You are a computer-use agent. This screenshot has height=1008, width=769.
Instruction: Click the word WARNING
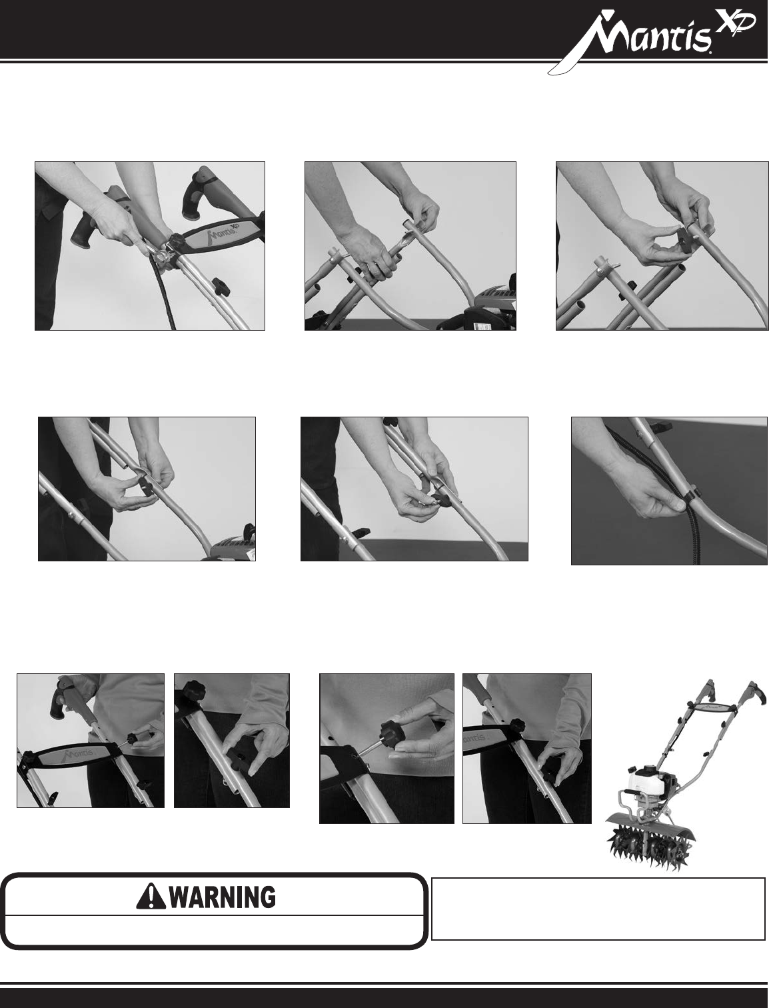pos(223,897)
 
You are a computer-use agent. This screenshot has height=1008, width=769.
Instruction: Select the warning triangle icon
pos(152,897)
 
